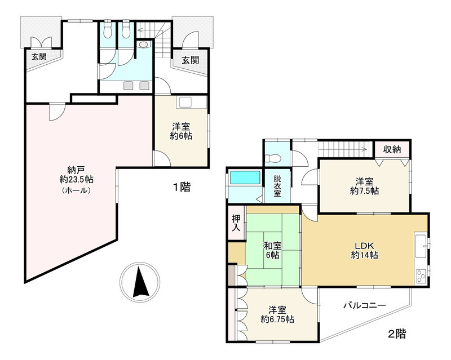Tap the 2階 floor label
[x=396, y=333]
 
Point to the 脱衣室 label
[x=277, y=185]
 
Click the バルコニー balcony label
[x=365, y=305]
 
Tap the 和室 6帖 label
[x=273, y=250]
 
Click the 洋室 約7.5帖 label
[x=364, y=186]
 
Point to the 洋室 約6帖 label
[x=181, y=131]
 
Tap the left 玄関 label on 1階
[x=39, y=56]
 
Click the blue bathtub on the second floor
[x=245, y=179]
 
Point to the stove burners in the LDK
[x=421, y=275]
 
